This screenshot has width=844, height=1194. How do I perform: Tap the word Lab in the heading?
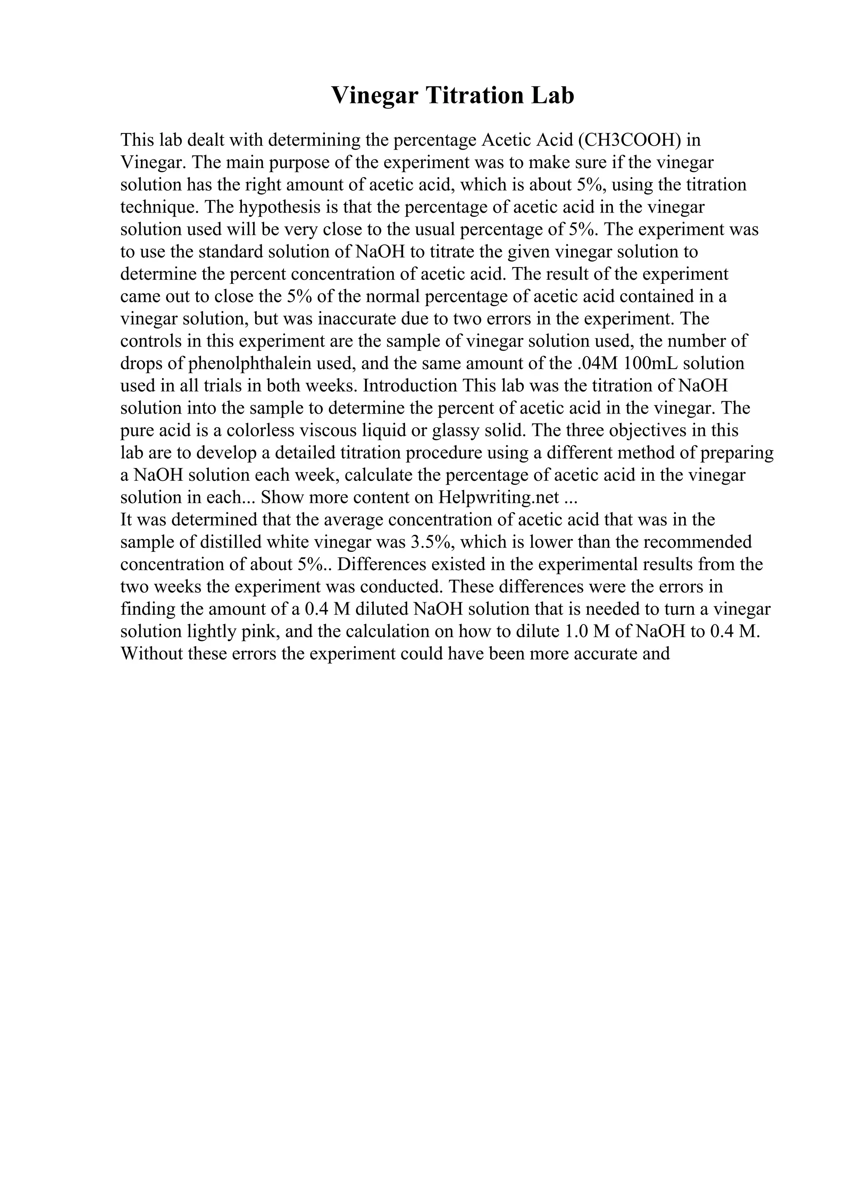[552, 96]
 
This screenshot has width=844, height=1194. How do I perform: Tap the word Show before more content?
[282, 498]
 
